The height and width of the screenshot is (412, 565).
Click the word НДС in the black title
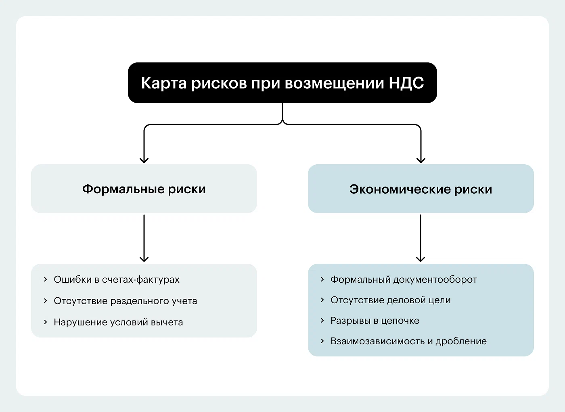tap(406, 83)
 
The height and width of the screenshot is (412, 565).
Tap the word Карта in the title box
tap(163, 83)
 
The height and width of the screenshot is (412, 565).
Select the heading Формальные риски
tap(144, 189)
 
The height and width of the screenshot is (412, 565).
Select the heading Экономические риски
tap(421, 189)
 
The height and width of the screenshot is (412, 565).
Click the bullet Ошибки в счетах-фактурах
tap(117, 279)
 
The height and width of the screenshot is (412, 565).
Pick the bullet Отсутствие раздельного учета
tap(125, 301)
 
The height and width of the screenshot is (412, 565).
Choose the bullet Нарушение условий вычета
tap(118, 322)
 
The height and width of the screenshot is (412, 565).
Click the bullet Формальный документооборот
tap(404, 279)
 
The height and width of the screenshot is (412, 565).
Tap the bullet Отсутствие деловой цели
tap(390, 300)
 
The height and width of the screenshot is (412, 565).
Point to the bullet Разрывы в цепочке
tap(375, 321)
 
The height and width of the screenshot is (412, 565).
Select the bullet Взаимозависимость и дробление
tap(408, 341)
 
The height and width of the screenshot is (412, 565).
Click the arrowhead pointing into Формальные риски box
tap(144, 160)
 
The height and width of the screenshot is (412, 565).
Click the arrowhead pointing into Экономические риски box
tap(421, 160)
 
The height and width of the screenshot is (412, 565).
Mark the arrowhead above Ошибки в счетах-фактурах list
tap(144, 259)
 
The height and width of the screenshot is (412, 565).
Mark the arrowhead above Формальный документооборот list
tap(421, 259)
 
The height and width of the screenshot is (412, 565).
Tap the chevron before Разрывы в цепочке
tap(322, 321)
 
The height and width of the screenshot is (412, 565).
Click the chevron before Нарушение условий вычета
tap(45, 322)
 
